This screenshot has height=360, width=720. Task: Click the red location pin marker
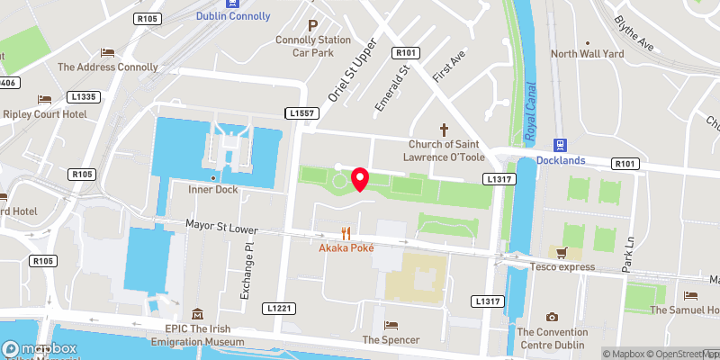pyautogui.click(x=360, y=179)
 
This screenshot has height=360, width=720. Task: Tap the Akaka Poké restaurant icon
pyautogui.click(x=345, y=231)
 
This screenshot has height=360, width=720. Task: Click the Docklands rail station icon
pyautogui.click(x=561, y=145)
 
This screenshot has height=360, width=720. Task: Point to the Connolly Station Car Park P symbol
pyautogui.click(x=313, y=27)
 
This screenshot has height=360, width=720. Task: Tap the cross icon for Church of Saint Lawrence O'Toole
pyautogui.click(x=442, y=130)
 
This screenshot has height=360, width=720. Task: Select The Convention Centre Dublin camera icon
pyautogui.click(x=552, y=317)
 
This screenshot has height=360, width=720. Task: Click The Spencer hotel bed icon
pyautogui.click(x=391, y=325)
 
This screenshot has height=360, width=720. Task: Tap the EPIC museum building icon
pyautogui.click(x=197, y=314)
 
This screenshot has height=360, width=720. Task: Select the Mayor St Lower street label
pyautogui.click(x=222, y=229)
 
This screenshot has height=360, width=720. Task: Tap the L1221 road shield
pyautogui.click(x=278, y=308)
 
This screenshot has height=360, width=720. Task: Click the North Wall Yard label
pyautogui.click(x=587, y=54)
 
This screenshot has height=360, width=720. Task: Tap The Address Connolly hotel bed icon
pyautogui.click(x=107, y=52)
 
